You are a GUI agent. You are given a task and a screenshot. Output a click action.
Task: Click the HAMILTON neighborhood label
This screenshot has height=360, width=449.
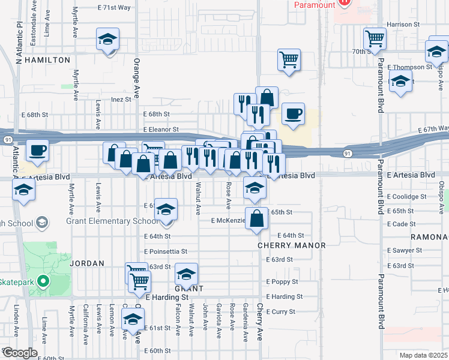47,60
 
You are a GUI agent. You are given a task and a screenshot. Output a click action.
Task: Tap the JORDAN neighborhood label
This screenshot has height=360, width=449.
87,263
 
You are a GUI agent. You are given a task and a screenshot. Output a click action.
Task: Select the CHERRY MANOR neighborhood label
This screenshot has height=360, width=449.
292,245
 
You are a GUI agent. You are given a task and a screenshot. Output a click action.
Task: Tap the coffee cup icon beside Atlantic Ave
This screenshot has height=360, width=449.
37,149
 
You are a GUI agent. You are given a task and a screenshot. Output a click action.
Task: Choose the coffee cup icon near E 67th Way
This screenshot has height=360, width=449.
293,113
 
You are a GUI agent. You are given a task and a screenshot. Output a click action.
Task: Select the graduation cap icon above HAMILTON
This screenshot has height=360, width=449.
107,40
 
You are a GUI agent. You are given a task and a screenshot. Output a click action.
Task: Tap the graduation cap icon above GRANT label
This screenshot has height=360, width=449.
186,274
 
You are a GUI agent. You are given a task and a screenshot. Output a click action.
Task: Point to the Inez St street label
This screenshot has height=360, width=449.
120,100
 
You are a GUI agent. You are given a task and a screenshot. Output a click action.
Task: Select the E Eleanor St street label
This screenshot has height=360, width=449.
161,129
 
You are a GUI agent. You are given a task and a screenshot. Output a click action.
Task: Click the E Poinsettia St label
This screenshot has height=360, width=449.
166,251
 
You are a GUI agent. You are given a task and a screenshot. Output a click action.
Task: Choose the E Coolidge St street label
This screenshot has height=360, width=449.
406,196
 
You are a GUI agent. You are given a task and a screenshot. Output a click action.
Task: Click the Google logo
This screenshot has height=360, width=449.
19,353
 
